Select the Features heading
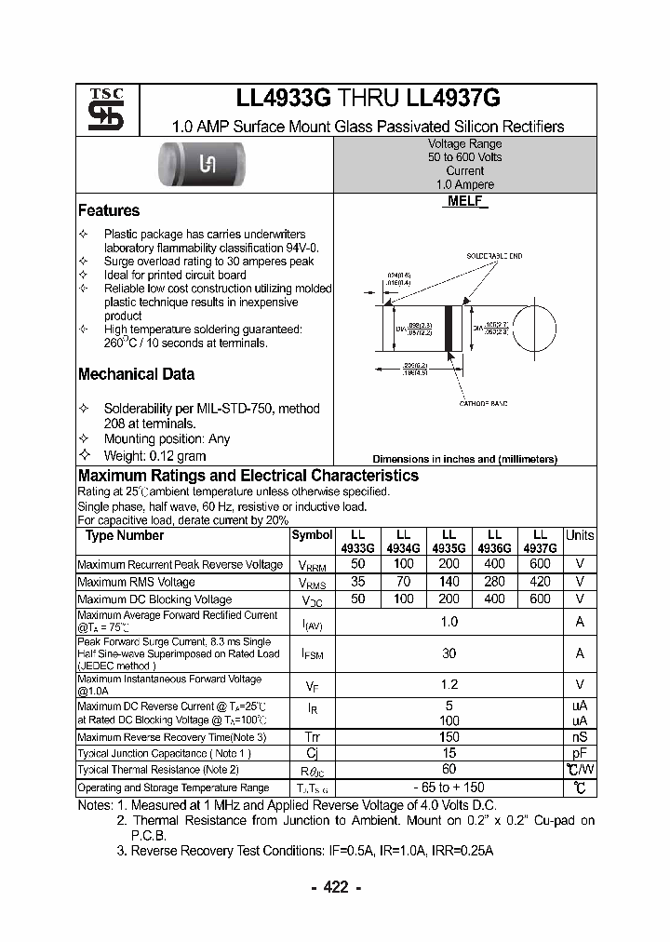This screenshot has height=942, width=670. (x=109, y=210)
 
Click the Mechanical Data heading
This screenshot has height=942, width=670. (x=136, y=374)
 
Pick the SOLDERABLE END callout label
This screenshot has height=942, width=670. (x=495, y=256)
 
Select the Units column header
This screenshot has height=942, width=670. (x=580, y=535)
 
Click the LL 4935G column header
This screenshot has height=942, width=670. (x=449, y=542)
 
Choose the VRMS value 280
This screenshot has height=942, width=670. (x=494, y=582)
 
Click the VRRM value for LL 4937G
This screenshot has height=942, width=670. (x=540, y=564)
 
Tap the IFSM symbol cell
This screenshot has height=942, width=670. (x=312, y=654)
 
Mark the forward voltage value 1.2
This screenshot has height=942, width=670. (x=449, y=684)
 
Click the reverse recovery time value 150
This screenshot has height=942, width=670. (x=449, y=736)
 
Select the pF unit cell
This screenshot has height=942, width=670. (x=580, y=753)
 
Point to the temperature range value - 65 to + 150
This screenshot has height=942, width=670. (x=449, y=787)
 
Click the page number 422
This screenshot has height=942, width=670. (x=335, y=887)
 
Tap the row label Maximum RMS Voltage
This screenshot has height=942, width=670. (x=136, y=582)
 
